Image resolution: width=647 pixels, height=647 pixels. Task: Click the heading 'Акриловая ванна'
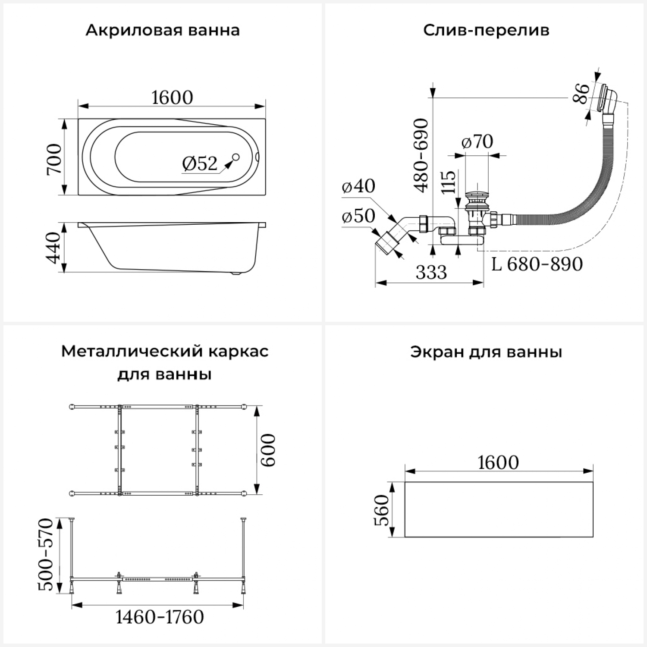point(163,31)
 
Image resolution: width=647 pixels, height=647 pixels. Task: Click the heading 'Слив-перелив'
point(486,31)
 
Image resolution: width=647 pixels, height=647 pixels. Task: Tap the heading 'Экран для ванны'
point(486,352)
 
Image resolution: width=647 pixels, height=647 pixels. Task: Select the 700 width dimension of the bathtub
point(55,159)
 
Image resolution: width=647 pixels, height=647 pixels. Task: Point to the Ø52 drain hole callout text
point(200,164)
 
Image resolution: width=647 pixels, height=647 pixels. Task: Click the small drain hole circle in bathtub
point(236,158)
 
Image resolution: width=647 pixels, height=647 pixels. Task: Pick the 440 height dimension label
point(55,248)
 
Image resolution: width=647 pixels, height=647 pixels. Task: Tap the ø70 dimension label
point(477,141)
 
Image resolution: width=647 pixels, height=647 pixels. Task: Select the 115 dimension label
point(449,182)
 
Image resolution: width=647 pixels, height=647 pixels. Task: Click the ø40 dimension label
point(358,186)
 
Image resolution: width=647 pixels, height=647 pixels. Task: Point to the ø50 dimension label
point(358,216)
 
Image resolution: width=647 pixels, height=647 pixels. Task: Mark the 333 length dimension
point(431,272)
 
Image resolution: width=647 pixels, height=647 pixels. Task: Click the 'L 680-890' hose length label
point(537,264)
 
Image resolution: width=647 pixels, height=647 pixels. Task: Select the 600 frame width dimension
point(268,450)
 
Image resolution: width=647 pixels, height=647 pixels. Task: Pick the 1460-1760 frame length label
point(160,617)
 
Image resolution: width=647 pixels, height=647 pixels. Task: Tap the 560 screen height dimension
point(381,510)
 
